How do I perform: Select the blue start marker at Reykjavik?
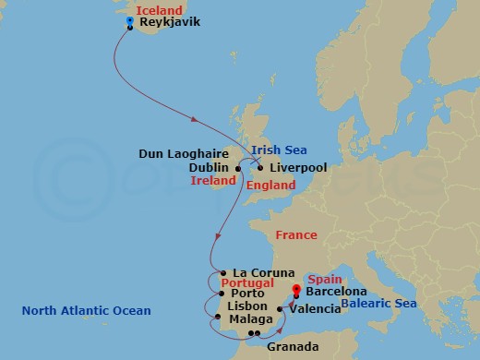[x=130, y=18]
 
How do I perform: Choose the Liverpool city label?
[x=298, y=168]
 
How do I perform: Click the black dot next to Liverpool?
[x=260, y=168]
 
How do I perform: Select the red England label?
[x=271, y=186]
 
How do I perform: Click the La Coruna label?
[x=263, y=272]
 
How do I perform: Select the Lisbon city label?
[x=246, y=306]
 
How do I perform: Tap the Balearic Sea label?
[x=379, y=304]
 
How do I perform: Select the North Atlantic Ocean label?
[x=88, y=311]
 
